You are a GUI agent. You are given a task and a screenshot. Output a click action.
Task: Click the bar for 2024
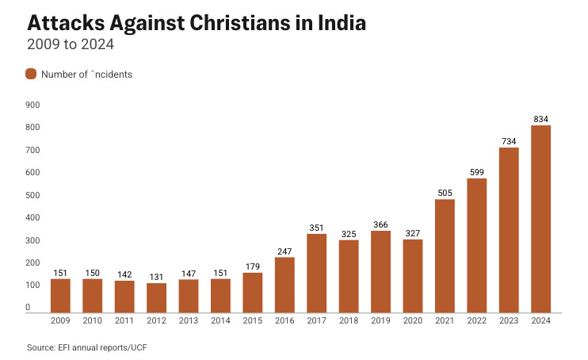click(x=540, y=219)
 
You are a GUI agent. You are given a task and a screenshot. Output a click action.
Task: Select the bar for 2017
click(x=316, y=273)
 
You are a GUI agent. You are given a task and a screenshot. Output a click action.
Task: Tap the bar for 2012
click(x=156, y=297)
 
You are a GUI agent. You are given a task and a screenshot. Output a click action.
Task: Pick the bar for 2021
click(x=445, y=255)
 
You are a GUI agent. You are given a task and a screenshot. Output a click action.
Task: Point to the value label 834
click(x=540, y=119)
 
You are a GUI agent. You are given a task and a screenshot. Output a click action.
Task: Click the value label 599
click(x=476, y=172)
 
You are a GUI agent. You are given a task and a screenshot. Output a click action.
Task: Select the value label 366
click(x=380, y=224)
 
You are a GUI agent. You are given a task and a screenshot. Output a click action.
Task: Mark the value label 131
click(x=156, y=277)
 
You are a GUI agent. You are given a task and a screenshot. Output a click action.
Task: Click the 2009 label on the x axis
click(x=60, y=320)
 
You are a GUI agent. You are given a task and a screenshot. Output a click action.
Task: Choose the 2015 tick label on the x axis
click(x=252, y=320)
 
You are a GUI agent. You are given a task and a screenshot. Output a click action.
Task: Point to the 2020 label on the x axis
click(x=412, y=320)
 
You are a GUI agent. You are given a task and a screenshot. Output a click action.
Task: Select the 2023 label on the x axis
click(x=509, y=320)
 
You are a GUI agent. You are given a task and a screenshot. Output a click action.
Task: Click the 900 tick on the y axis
click(x=33, y=105)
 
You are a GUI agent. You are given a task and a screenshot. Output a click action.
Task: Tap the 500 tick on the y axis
click(x=33, y=195)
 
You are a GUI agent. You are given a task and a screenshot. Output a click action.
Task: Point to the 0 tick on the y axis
click(x=27, y=308)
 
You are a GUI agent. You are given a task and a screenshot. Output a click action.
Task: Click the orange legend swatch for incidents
click(x=31, y=74)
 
